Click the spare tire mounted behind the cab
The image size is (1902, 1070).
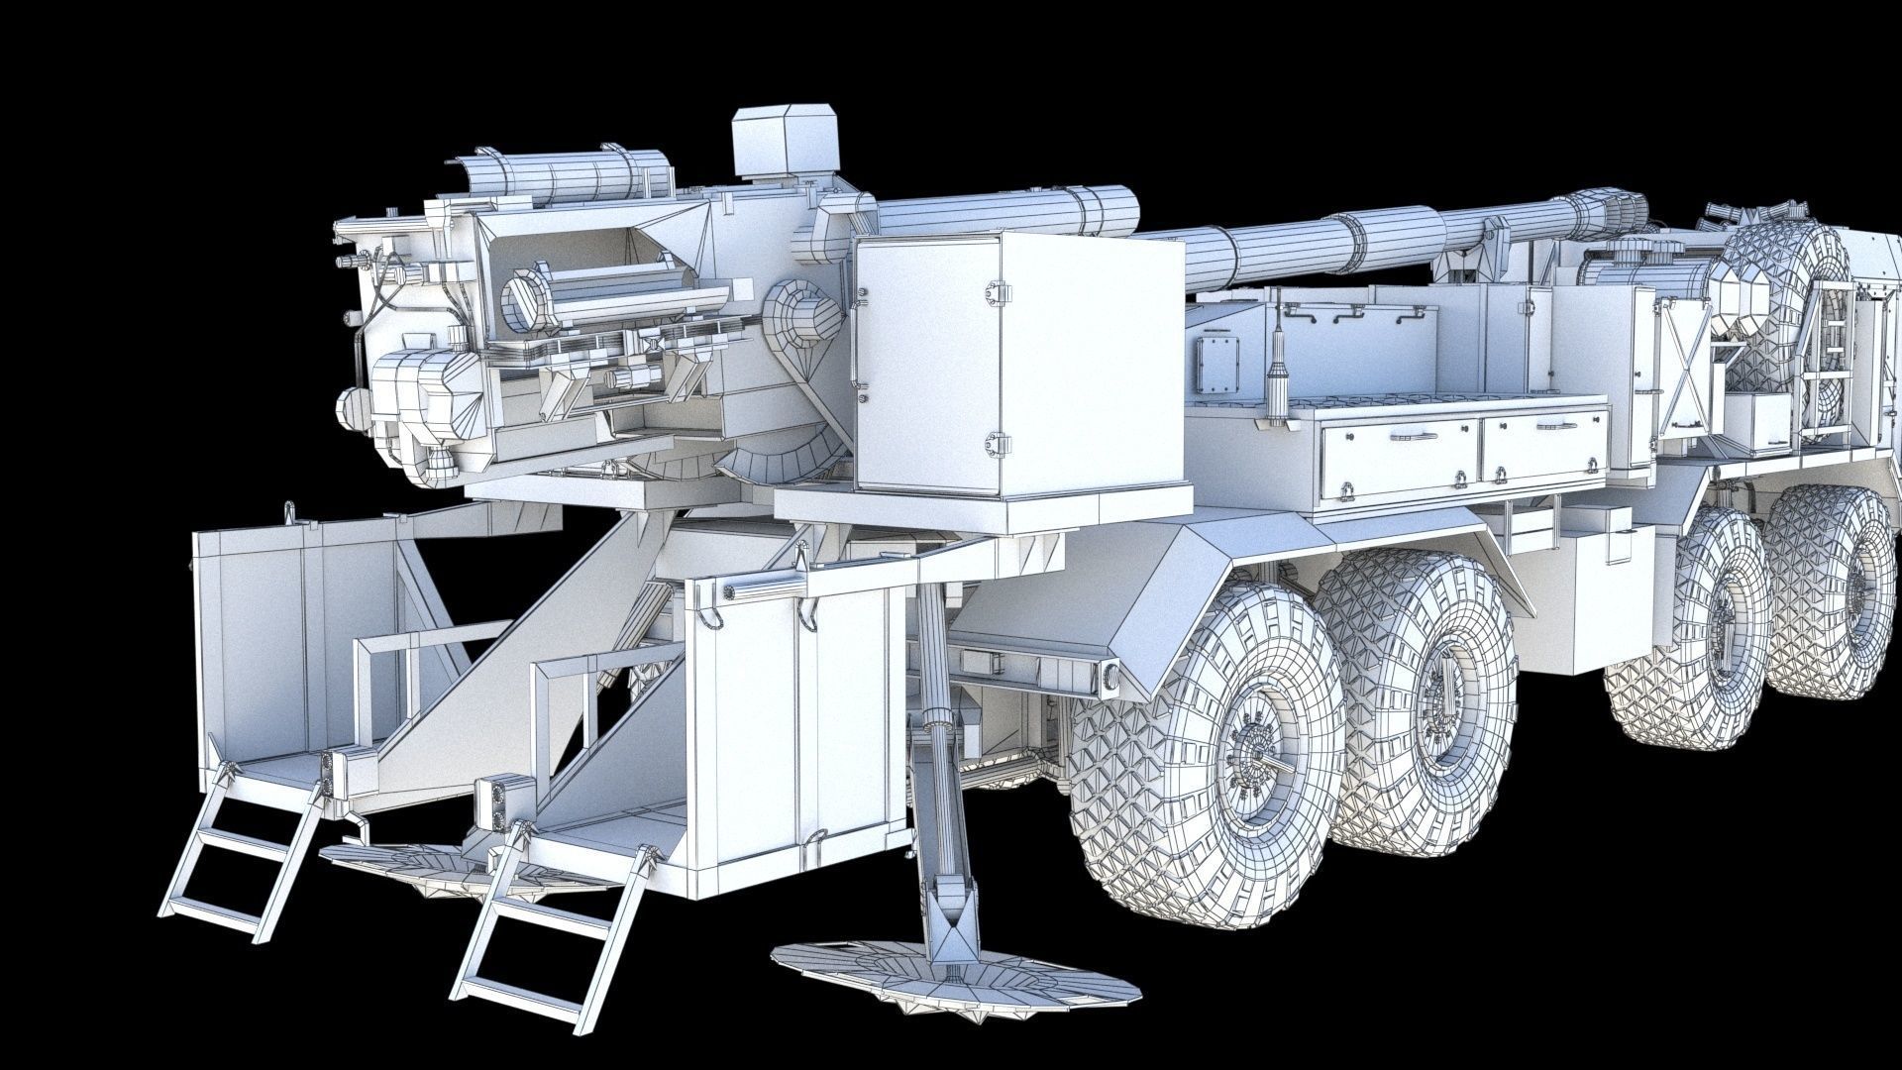(1783, 297)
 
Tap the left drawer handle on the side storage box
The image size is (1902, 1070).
(1416, 434)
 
